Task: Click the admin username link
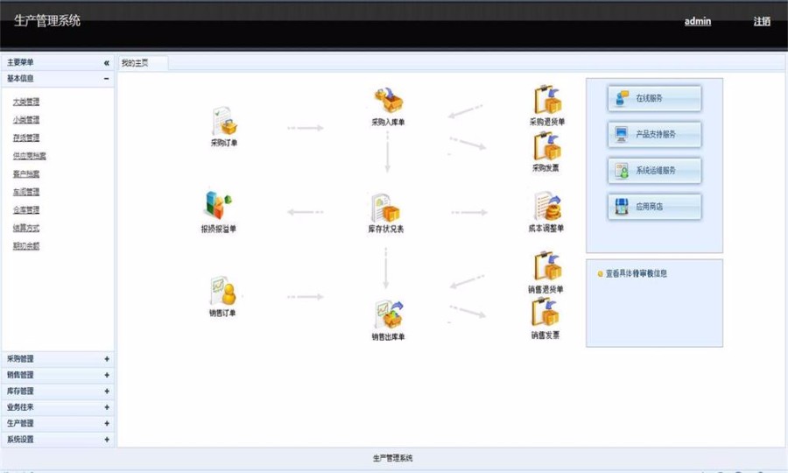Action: point(697,21)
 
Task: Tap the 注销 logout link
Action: point(762,21)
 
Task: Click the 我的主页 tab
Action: point(135,63)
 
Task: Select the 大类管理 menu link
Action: point(25,102)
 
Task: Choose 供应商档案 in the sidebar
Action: point(30,156)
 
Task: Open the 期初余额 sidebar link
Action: point(25,246)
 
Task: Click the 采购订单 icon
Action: point(223,122)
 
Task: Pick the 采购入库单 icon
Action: point(388,102)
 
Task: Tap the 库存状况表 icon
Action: point(385,208)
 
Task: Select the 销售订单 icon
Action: point(222,291)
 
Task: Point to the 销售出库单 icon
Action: point(388,314)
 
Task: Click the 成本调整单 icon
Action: point(546,207)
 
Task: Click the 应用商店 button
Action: point(655,207)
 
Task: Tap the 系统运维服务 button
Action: point(655,171)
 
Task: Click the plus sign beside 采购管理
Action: point(107,358)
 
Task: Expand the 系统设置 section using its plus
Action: point(107,440)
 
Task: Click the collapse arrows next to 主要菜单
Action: point(107,63)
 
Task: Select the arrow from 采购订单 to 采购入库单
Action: point(306,129)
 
